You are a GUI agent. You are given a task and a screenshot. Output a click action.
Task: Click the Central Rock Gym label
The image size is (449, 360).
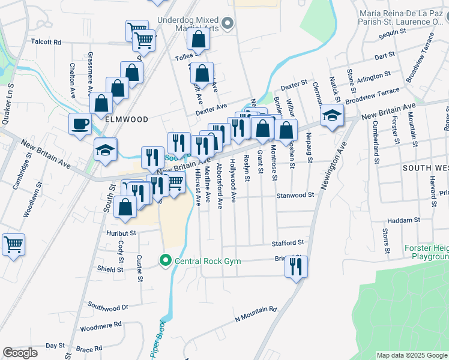[207, 260]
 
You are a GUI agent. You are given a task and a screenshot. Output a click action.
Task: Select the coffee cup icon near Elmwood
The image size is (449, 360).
[80, 125]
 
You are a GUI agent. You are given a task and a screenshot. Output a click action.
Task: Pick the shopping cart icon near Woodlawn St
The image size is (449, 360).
[13, 245]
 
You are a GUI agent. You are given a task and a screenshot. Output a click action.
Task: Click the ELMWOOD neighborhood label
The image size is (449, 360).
[126, 119]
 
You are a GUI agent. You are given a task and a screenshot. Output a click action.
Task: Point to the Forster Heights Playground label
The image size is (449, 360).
[418, 252]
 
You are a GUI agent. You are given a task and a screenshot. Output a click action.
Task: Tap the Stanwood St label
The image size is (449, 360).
[295, 195]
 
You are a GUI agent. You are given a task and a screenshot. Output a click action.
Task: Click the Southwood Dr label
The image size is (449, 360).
[108, 307]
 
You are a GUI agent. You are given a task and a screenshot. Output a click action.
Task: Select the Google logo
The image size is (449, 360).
[20, 353]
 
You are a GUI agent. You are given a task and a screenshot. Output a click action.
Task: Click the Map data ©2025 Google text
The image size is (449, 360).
[412, 355]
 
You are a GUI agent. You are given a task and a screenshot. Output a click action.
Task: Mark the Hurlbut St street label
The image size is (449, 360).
[122, 232]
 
